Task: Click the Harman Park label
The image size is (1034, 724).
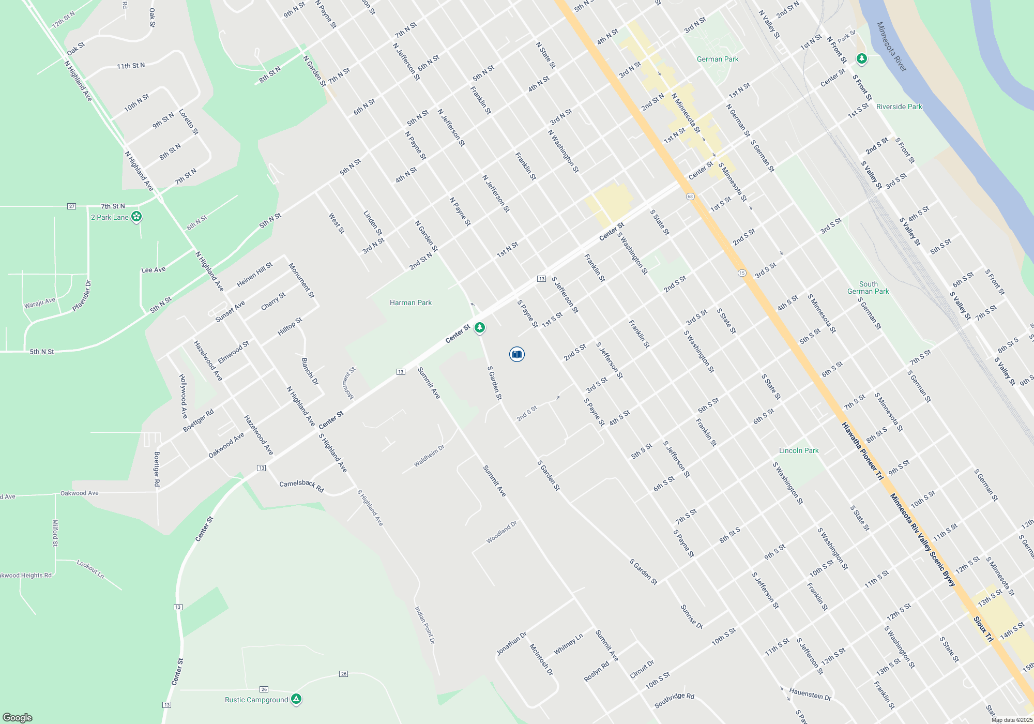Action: pyautogui.click(x=410, y=303)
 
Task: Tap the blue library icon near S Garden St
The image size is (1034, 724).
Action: pyautogui.click(x=516, y=354)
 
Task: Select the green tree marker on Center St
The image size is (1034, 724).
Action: pyautogui.click(x=480, y=327)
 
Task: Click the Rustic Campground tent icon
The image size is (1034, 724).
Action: pyautogui.click(x=296, y=699)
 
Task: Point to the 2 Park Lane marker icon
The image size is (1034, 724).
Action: pyautogui.click(x=136, y=217)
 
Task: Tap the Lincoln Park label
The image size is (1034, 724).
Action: pyautogui.click(x=799, y=450)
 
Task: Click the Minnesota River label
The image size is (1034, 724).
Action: pyautogui.click(x=892, y=47)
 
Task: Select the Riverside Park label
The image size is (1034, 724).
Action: pyautogui.click(x=899, y=107)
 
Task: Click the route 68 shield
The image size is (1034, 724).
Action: pyautogui.click(x=690, y=197)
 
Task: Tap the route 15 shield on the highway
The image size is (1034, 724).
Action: pyautogui.click(x=742, y=273)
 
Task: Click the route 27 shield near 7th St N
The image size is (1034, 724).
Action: pyautogui.click(x=71, y=206)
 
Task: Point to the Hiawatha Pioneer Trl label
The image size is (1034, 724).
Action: pyautogui.click(x=862, y=451)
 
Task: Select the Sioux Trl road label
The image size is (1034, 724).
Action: pyautogui.click(x=983, y=629)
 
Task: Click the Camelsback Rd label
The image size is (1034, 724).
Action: pyautogui.click(x=301, y=486)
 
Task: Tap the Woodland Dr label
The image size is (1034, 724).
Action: pyautogui.click(x=501, y=532)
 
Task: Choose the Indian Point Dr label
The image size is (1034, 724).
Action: pyautogui.click(x=425, y=625)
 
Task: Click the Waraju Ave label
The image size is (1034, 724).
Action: pyautogui.click(x=40, y=303)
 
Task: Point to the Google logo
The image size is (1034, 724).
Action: pyautogui.click(x=18, y=718)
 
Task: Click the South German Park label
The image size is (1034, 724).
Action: pyautogui.click(x=868, y=288)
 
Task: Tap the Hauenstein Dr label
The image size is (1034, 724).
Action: pyautogui.click(x=810, y=694)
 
